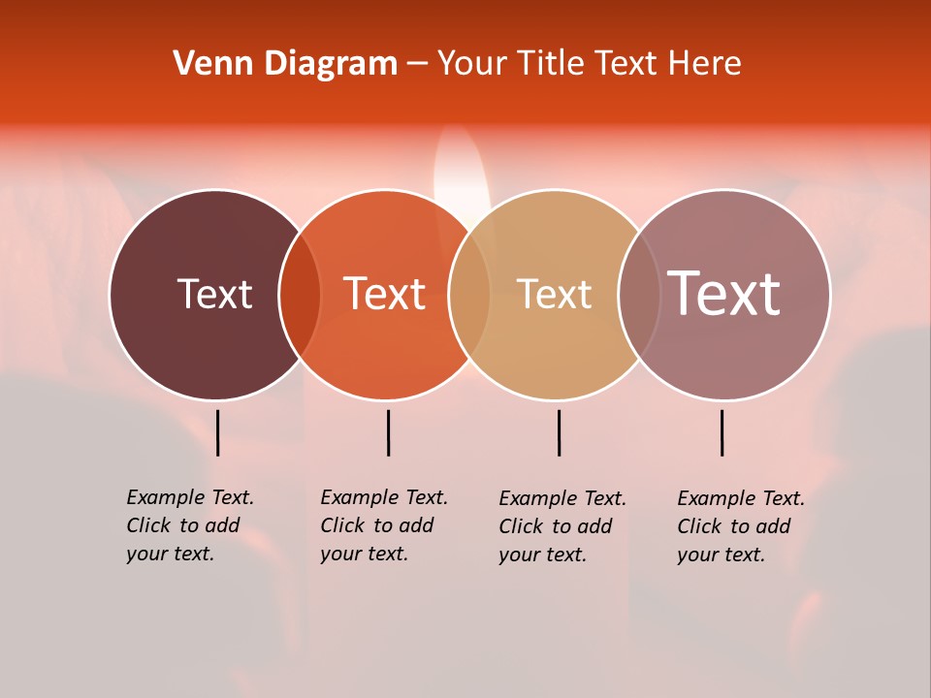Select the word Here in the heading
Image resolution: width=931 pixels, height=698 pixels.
click(704, 64)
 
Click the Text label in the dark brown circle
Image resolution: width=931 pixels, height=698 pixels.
click(214, 294)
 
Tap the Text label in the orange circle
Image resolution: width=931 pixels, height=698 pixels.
click(384, 294)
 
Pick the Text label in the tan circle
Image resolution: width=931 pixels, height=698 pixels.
click(554, 294)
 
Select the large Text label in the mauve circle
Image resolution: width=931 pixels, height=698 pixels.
click(723, 294)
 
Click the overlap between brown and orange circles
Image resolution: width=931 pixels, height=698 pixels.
click(300, 294)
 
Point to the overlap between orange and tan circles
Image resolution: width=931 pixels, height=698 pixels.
click(469, 294)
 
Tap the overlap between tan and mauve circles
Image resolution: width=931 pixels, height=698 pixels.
click(639, 294)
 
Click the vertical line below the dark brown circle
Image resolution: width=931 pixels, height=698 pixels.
click(218, 432)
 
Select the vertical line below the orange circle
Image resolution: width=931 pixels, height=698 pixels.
click(388, 432)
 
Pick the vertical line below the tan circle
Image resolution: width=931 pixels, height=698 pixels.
click(559, 432)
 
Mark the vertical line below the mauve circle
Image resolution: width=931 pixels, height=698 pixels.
click(722, 432)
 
